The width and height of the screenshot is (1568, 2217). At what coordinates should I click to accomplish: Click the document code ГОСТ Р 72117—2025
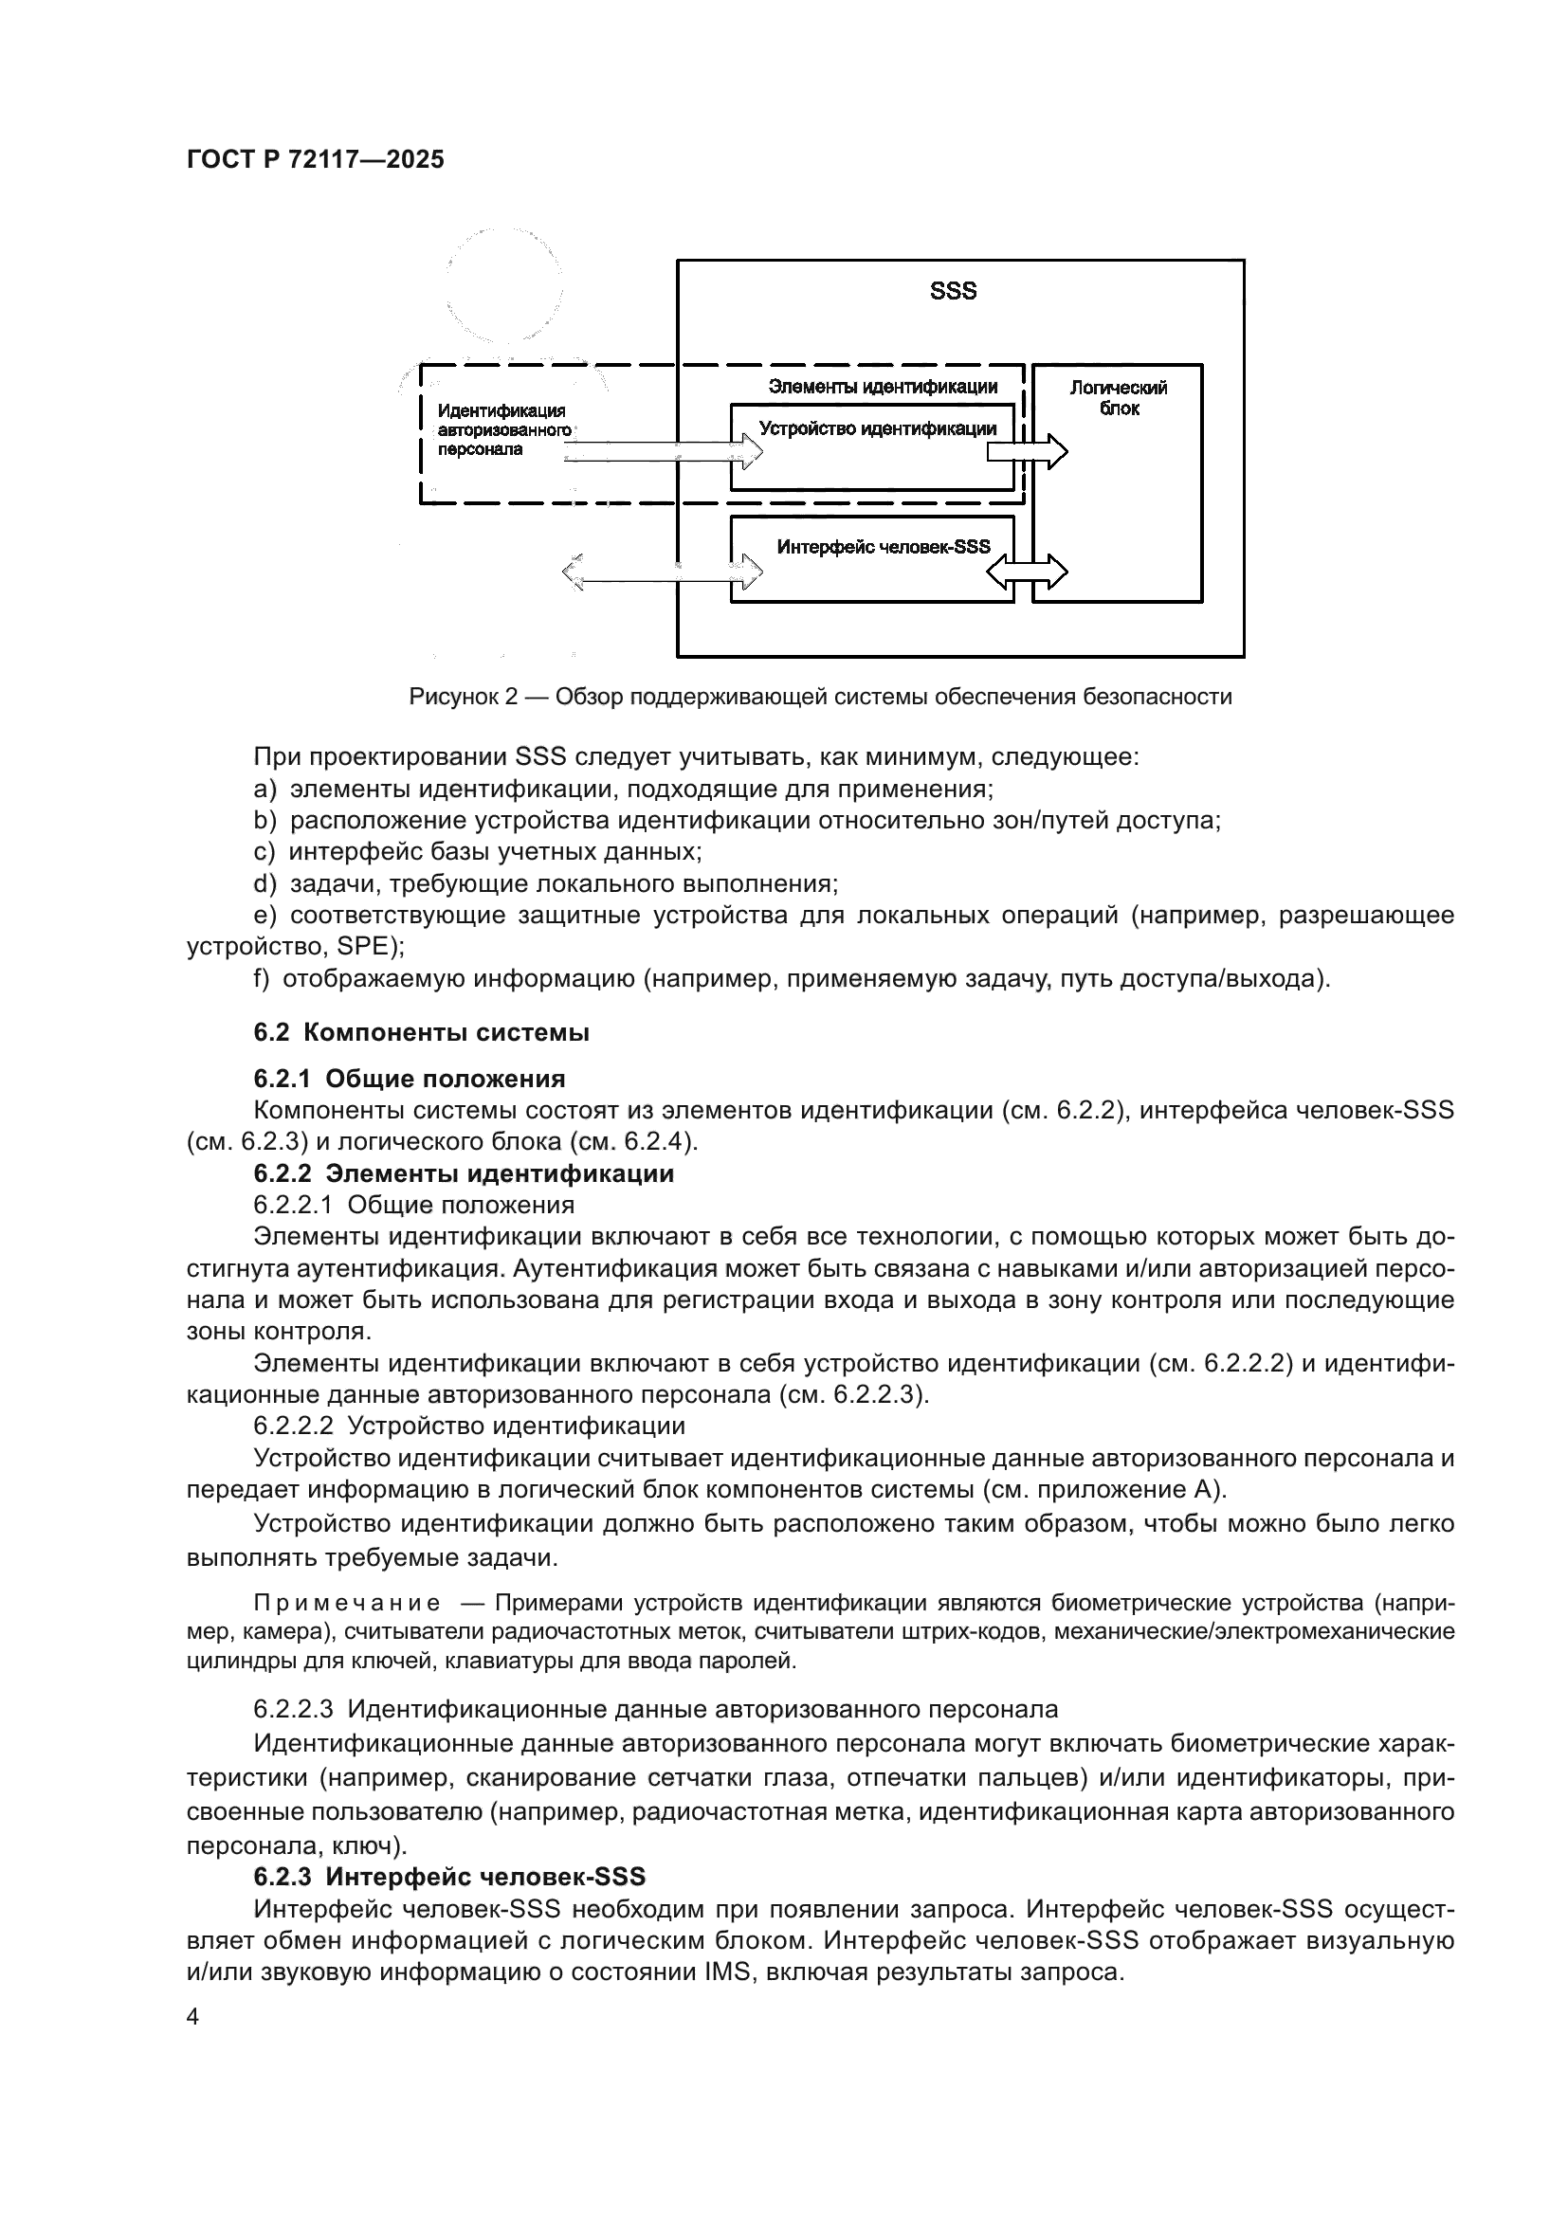315,159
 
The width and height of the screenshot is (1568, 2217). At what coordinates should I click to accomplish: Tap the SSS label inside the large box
953,291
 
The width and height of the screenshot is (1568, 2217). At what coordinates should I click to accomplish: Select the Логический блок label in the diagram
1118,398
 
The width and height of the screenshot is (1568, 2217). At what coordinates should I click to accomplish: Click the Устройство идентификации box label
877,428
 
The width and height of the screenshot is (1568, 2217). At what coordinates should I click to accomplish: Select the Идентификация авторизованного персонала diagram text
502,429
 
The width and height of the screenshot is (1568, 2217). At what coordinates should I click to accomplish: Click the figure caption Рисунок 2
820,697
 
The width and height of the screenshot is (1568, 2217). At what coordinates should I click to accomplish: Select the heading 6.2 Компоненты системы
421,1032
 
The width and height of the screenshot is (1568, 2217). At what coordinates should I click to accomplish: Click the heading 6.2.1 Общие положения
410,1078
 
